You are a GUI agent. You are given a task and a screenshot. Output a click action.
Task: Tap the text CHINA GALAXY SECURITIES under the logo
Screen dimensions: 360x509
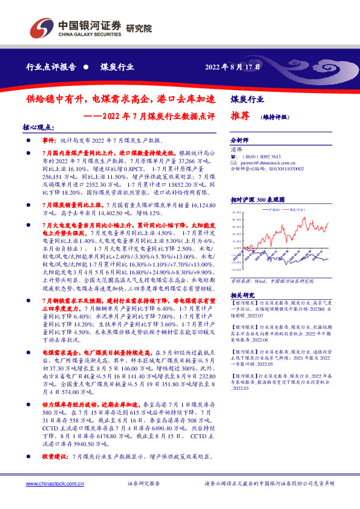(88, 34)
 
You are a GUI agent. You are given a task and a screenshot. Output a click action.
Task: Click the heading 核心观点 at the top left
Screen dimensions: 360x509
(39, 128)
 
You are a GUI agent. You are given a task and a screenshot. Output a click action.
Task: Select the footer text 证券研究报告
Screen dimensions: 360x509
(143, 484)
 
